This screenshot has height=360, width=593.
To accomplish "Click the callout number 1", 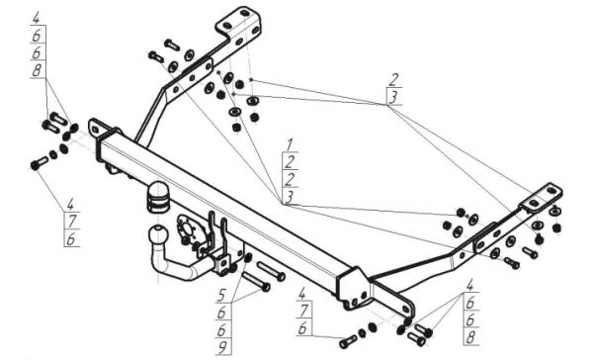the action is pos(290,144).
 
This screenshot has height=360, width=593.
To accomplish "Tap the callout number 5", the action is pos(221,296).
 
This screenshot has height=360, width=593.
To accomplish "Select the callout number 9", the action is pos(223,346).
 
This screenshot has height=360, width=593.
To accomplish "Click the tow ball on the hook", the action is pos(156,234).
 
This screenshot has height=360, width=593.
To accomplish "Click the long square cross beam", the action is pos(227,209).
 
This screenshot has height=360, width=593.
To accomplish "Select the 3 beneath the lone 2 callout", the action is pos(393,97).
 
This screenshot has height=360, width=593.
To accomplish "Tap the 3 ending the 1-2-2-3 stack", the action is pos(290,197).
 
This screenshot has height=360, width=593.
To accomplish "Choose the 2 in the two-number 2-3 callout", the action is pos(393,80).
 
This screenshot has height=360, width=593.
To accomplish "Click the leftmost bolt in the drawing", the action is pos(39,163).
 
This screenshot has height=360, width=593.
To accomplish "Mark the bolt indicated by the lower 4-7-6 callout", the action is pos(348,341).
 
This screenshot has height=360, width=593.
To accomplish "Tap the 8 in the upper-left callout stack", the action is pos(38,70).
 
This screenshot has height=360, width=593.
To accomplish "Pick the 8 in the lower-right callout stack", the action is pos(470,337).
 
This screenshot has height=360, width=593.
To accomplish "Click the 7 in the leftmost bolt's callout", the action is pos(71,222).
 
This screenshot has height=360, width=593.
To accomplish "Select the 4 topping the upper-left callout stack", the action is pos(37,18).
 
